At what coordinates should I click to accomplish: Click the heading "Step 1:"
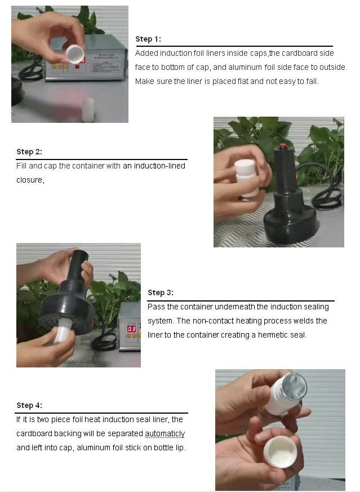pyautogui.click(x=148, y=39)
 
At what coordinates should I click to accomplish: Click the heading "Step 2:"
pyautogui.click(x=29, y=152)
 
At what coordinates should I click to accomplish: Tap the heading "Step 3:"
pyautogui.click(x=160, y=292)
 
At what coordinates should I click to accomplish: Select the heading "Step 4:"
pyautogui.click(x=29, y=405)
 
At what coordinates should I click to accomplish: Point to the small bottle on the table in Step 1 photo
pyautogui.click(x=88, y=109)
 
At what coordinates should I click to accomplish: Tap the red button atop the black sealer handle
pyautogui.click(x=283, y=146)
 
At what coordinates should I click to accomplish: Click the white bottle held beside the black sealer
pyautogui.click(x=246, y=178)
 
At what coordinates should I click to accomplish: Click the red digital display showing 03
pyautogui.click(x=131, y=329)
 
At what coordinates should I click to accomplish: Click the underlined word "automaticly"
pyautogui.click(x=165, y=433)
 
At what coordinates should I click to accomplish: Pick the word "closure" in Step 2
pyautogui.click(x=30, y=180)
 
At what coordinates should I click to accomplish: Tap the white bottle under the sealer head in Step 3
pyautogui.click(x=63, y=330)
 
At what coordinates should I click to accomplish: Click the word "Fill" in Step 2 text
pyautogui.click(x=21, y=166)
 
